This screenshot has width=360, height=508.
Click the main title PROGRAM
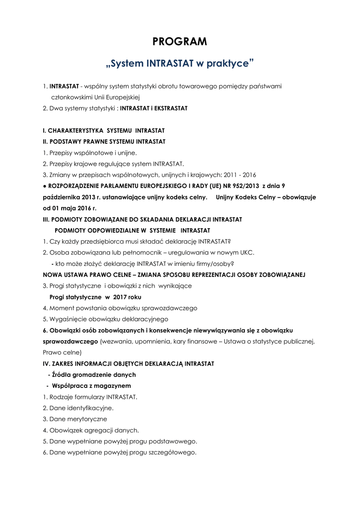[x=180, y=42]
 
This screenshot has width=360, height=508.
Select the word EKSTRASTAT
[x=170, y=108]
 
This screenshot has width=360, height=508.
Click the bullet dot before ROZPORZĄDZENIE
[x=45, y=186]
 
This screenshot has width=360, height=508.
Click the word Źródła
[x=61, y=375]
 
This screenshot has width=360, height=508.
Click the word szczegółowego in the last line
[x=176, y=452]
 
